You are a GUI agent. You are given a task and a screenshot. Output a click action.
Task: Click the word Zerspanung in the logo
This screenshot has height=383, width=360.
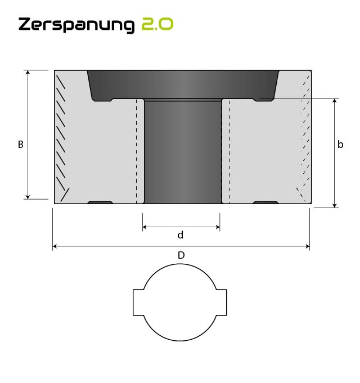point(76,25)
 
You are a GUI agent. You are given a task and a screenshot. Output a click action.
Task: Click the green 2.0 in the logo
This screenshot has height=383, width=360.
point(157,24)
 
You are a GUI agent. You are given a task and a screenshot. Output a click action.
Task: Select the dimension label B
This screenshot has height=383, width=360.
point(20,145)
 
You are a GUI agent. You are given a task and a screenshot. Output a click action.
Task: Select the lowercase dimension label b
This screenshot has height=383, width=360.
point(340,145)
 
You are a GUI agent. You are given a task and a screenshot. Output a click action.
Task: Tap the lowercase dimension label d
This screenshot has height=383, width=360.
point(181,235)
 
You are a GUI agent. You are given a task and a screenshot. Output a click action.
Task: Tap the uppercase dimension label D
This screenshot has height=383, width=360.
point(181,255)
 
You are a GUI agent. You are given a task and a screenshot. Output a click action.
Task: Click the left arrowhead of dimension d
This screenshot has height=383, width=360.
point(145,227)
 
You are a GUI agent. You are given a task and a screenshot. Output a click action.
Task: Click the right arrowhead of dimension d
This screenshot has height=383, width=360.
point(217,227)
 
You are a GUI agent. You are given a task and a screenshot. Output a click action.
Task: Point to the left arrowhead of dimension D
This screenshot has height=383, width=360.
point(55,246)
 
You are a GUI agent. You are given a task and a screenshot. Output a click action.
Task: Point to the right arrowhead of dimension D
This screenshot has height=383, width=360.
point(307,246)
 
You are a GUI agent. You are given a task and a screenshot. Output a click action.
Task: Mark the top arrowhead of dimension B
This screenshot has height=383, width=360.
point(28,73)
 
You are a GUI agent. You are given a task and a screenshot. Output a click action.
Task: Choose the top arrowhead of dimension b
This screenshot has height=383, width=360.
point(335,101)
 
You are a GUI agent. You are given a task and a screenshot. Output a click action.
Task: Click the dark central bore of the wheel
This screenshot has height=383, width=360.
point(183,152)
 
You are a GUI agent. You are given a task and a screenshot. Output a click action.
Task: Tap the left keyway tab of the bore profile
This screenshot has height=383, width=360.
point(138,303)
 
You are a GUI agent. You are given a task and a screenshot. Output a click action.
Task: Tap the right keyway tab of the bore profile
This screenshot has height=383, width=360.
point(222,303)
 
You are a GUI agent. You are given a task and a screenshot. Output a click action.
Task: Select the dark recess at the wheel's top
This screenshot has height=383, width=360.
point(183,83)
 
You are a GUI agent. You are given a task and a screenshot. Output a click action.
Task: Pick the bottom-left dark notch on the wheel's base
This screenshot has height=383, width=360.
point(101,202)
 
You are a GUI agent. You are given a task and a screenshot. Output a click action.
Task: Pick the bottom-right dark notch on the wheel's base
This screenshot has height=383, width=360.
point(265,202)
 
